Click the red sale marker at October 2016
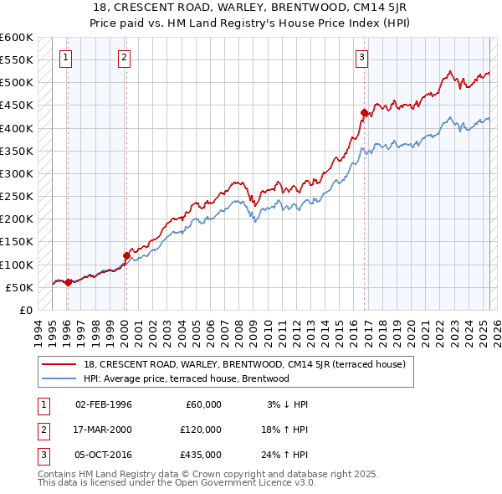click(x=364, y=112)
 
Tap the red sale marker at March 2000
click(x=126, y=255)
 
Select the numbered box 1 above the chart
click(x=65, y=58)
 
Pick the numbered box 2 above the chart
click(x=124, y=58)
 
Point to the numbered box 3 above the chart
click(x=361, y=58)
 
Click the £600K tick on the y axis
click(x=17, y=38)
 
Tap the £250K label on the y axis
click(x=17, y=197)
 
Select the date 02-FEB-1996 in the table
click(x=104, y=404)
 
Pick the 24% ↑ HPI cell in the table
click(x=284, y=455)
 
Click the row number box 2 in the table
click(x=41, y=430)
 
